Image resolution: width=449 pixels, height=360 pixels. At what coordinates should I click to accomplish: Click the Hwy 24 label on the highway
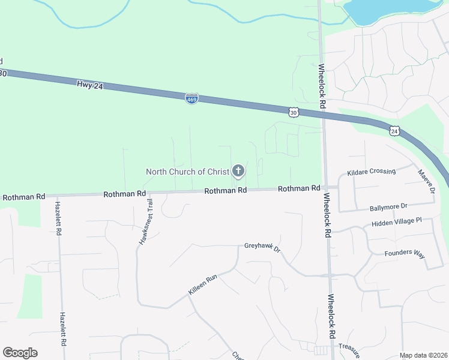point(90,86)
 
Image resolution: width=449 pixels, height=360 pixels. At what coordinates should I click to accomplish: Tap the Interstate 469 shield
point(191,98)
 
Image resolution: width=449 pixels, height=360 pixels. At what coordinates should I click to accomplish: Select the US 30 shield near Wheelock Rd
point(293,112)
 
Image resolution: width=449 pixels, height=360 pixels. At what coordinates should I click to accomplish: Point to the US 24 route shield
point(394,131)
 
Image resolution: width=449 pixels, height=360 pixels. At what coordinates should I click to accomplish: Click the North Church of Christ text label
point(188,172)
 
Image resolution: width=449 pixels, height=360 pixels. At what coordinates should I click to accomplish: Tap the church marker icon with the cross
point(238,171)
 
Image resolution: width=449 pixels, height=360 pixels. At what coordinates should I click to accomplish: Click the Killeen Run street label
point(202,284)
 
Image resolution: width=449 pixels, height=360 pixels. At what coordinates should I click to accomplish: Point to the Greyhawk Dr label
point(262,246)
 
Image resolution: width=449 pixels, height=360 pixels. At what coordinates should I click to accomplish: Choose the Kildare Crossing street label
point(372,172)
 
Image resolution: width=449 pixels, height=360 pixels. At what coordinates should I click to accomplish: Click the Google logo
point(20,353)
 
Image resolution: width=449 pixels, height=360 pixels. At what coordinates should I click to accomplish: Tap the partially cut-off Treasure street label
point(348,347)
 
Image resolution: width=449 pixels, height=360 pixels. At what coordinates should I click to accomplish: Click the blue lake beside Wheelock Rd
point(390,9)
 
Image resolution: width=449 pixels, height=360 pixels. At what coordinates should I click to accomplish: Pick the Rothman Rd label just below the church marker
point(226,190)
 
